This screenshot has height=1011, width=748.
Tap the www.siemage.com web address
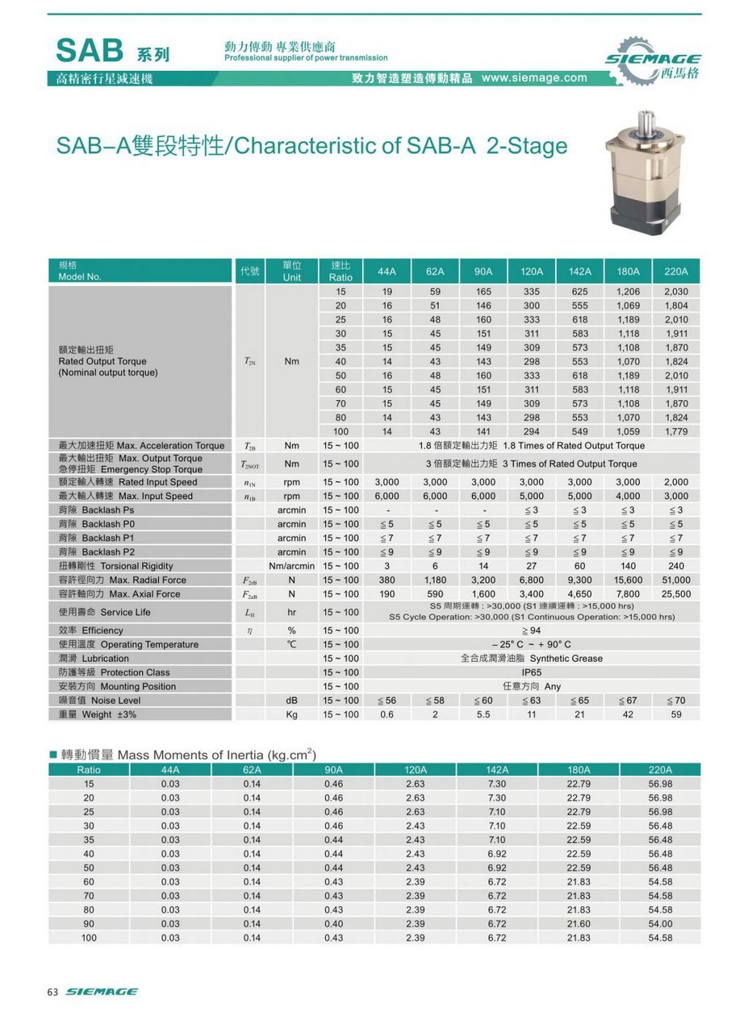click(x=534, y=78)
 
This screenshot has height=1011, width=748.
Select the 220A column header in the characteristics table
click(x=675, y=271)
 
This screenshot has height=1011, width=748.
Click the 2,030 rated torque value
click(x=675, y=291)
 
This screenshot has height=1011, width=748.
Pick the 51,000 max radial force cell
click(x=675, y=580)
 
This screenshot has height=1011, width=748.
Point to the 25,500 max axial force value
click(x=675, y=593)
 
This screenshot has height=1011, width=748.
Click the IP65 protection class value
click(x=531, y=672)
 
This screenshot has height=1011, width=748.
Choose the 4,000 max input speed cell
click(x=628, y=496)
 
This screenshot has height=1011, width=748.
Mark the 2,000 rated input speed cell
click(x=675, y=482)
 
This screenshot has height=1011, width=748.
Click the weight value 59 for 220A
click(x=675, y=714)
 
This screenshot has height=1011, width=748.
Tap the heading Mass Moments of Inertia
click(x=207, y=755)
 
